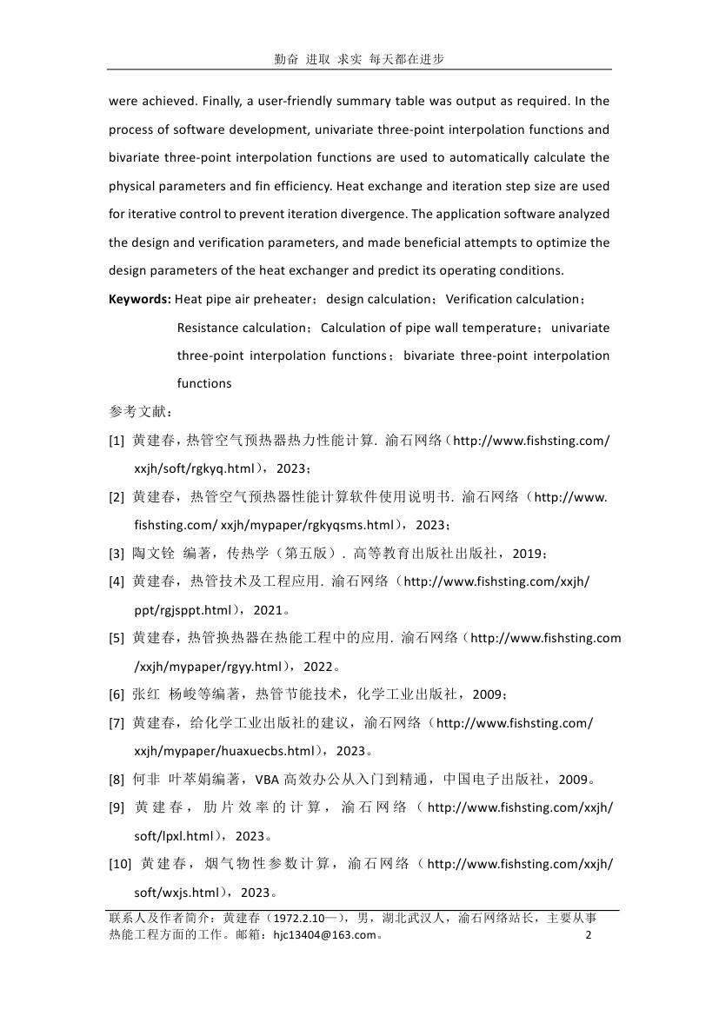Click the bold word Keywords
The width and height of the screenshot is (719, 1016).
pos(140,299)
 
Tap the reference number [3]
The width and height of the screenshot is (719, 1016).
pos(117,554)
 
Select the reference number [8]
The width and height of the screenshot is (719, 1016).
pos(117,780)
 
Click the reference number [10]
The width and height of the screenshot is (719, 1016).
pos(120,864)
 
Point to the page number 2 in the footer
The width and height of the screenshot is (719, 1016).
pos(589,935)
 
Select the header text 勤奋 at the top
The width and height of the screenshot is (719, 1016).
pos(285,59)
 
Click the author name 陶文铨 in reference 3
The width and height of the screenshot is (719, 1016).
pos(152,554)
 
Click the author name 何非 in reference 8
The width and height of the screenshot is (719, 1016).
pos(143,780)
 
